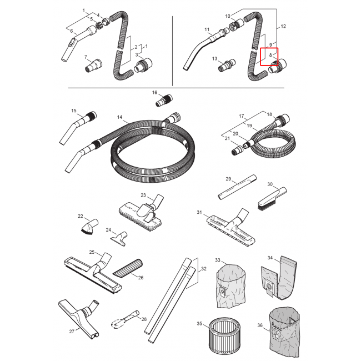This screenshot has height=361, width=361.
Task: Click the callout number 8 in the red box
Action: pyautogui.click(x=270, y=55)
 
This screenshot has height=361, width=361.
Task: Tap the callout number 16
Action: pyautogui.click(x=154, y=93)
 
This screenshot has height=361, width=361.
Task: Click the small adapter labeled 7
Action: pyautogui.click(x=94, y=65)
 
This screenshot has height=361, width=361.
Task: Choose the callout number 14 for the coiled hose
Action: pyautogui.click(x=119, y=117)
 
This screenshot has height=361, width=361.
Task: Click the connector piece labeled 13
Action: pyautogui.click(x=227, y=66)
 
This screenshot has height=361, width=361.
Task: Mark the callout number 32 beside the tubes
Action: pyautogui.click(x=204, y=269)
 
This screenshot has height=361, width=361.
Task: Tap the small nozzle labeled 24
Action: pyautogui.click(x=119, y=239)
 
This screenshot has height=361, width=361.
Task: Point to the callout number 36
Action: pyautogui.click(x=260, y=325)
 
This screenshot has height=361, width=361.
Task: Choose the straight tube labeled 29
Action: pyautogui.click(x=237, y=187)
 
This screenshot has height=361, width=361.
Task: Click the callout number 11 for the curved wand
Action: pyautogui.click(x=207, y=29)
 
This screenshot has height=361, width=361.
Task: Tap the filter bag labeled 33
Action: pyautogui.click(x=231, y=286)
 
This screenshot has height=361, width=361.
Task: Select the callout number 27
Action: pyautogui.click(x=72, y=332)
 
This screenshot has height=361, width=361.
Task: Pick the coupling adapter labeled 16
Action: pyautogui.click(x=164, y=101)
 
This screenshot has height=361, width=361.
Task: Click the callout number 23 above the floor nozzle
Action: pyautogui.click(x=143, y=195)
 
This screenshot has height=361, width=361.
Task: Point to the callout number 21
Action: pyautogui.click(x=227, y=138)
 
